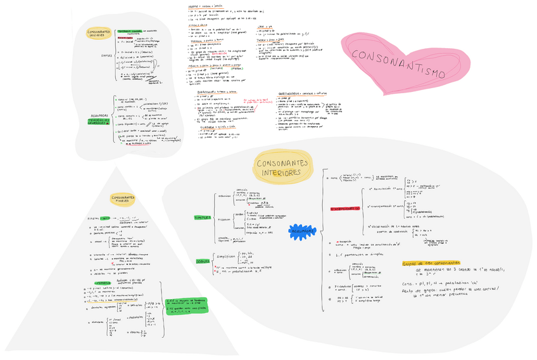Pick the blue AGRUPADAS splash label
[x=303, y=231]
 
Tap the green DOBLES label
[x=203, y=260]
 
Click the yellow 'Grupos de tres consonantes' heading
[x=431, y=263]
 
